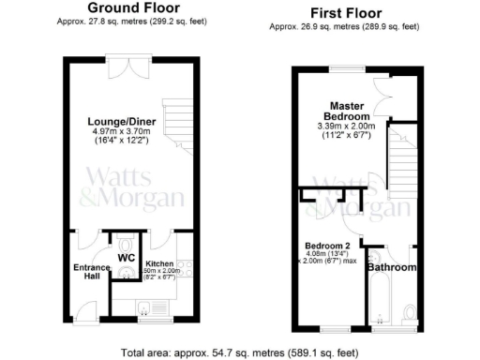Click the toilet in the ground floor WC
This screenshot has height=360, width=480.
pyautogui.click(x=127, y=275)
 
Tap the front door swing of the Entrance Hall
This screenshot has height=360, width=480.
pyautogui.click(x=87, y=305)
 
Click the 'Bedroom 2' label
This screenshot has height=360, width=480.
pyautogui.click(x=325, y=247)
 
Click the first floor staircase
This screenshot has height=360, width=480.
pyautogui.click(x=403, y=159)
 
